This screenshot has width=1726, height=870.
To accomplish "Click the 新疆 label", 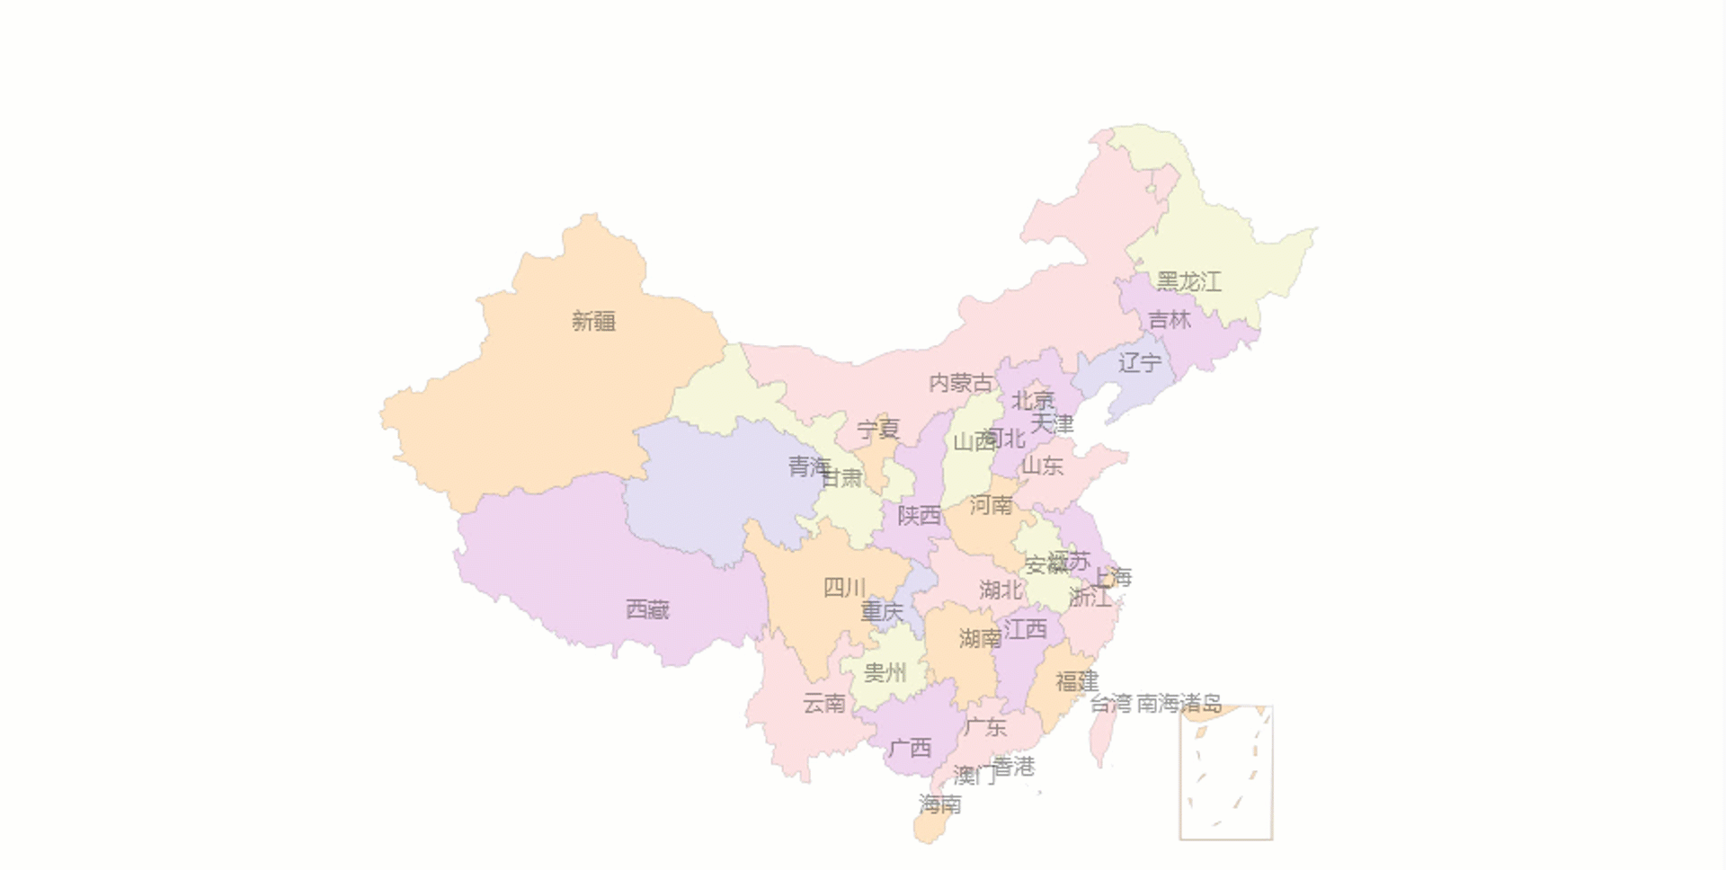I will pyautogui.click(x=593, y=321).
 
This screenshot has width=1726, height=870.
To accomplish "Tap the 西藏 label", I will pyautogui.click(x=647, y=610).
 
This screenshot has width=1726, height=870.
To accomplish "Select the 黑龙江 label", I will pyautogui.click(x=1188, y=282).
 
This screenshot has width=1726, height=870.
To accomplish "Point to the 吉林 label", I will pyautogui.click(x=1170, y=320).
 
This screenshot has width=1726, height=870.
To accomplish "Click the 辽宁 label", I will pyautogui.click(x=1139, y=363).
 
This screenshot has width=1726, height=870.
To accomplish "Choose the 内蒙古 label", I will pyautogui.click(x=961, y=384).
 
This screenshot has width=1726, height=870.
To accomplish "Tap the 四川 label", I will pyautogui.click(x=844, y=589).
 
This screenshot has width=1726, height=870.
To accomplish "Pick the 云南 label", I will pyautogui.click(x=824, y=704).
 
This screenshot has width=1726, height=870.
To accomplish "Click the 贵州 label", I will pyautogui.click(x=885, y=673).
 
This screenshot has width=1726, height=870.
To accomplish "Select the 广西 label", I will pyautogui.click(x=910, y=748).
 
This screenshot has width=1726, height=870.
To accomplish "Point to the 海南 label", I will pyautogui.click(x=939, y=804).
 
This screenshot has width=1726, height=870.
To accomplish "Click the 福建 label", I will pyautogui.click(x=1077, y=682).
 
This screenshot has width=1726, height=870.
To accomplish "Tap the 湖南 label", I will pyautogui.click(x=980, y=639).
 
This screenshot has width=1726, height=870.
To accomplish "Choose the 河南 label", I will pyautogui.click(x=991, y=506).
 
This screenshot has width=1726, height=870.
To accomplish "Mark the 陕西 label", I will pyautogui.click(x=919, y=516).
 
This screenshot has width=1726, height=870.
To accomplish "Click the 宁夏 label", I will pyautogui.click(x=878, y=430).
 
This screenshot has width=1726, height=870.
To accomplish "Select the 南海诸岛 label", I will pyautogui.click(x=1179, y=703).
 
